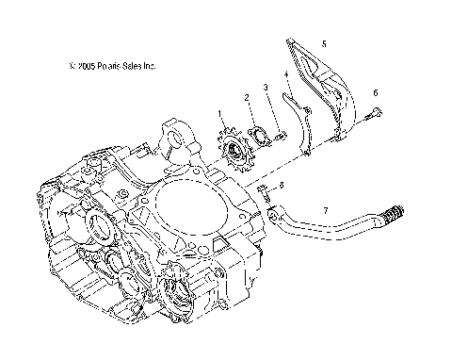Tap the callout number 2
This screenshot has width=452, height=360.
coord(246,97)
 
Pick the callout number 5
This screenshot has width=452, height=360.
coord(323,43)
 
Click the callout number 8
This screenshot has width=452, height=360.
coord(281,186)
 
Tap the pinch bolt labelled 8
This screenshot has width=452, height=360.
coord(264,194)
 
